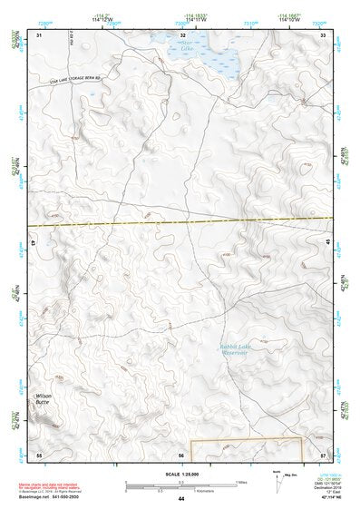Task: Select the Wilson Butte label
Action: (44, 399)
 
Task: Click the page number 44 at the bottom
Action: (181, 500)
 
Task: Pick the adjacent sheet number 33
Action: (324, 34)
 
